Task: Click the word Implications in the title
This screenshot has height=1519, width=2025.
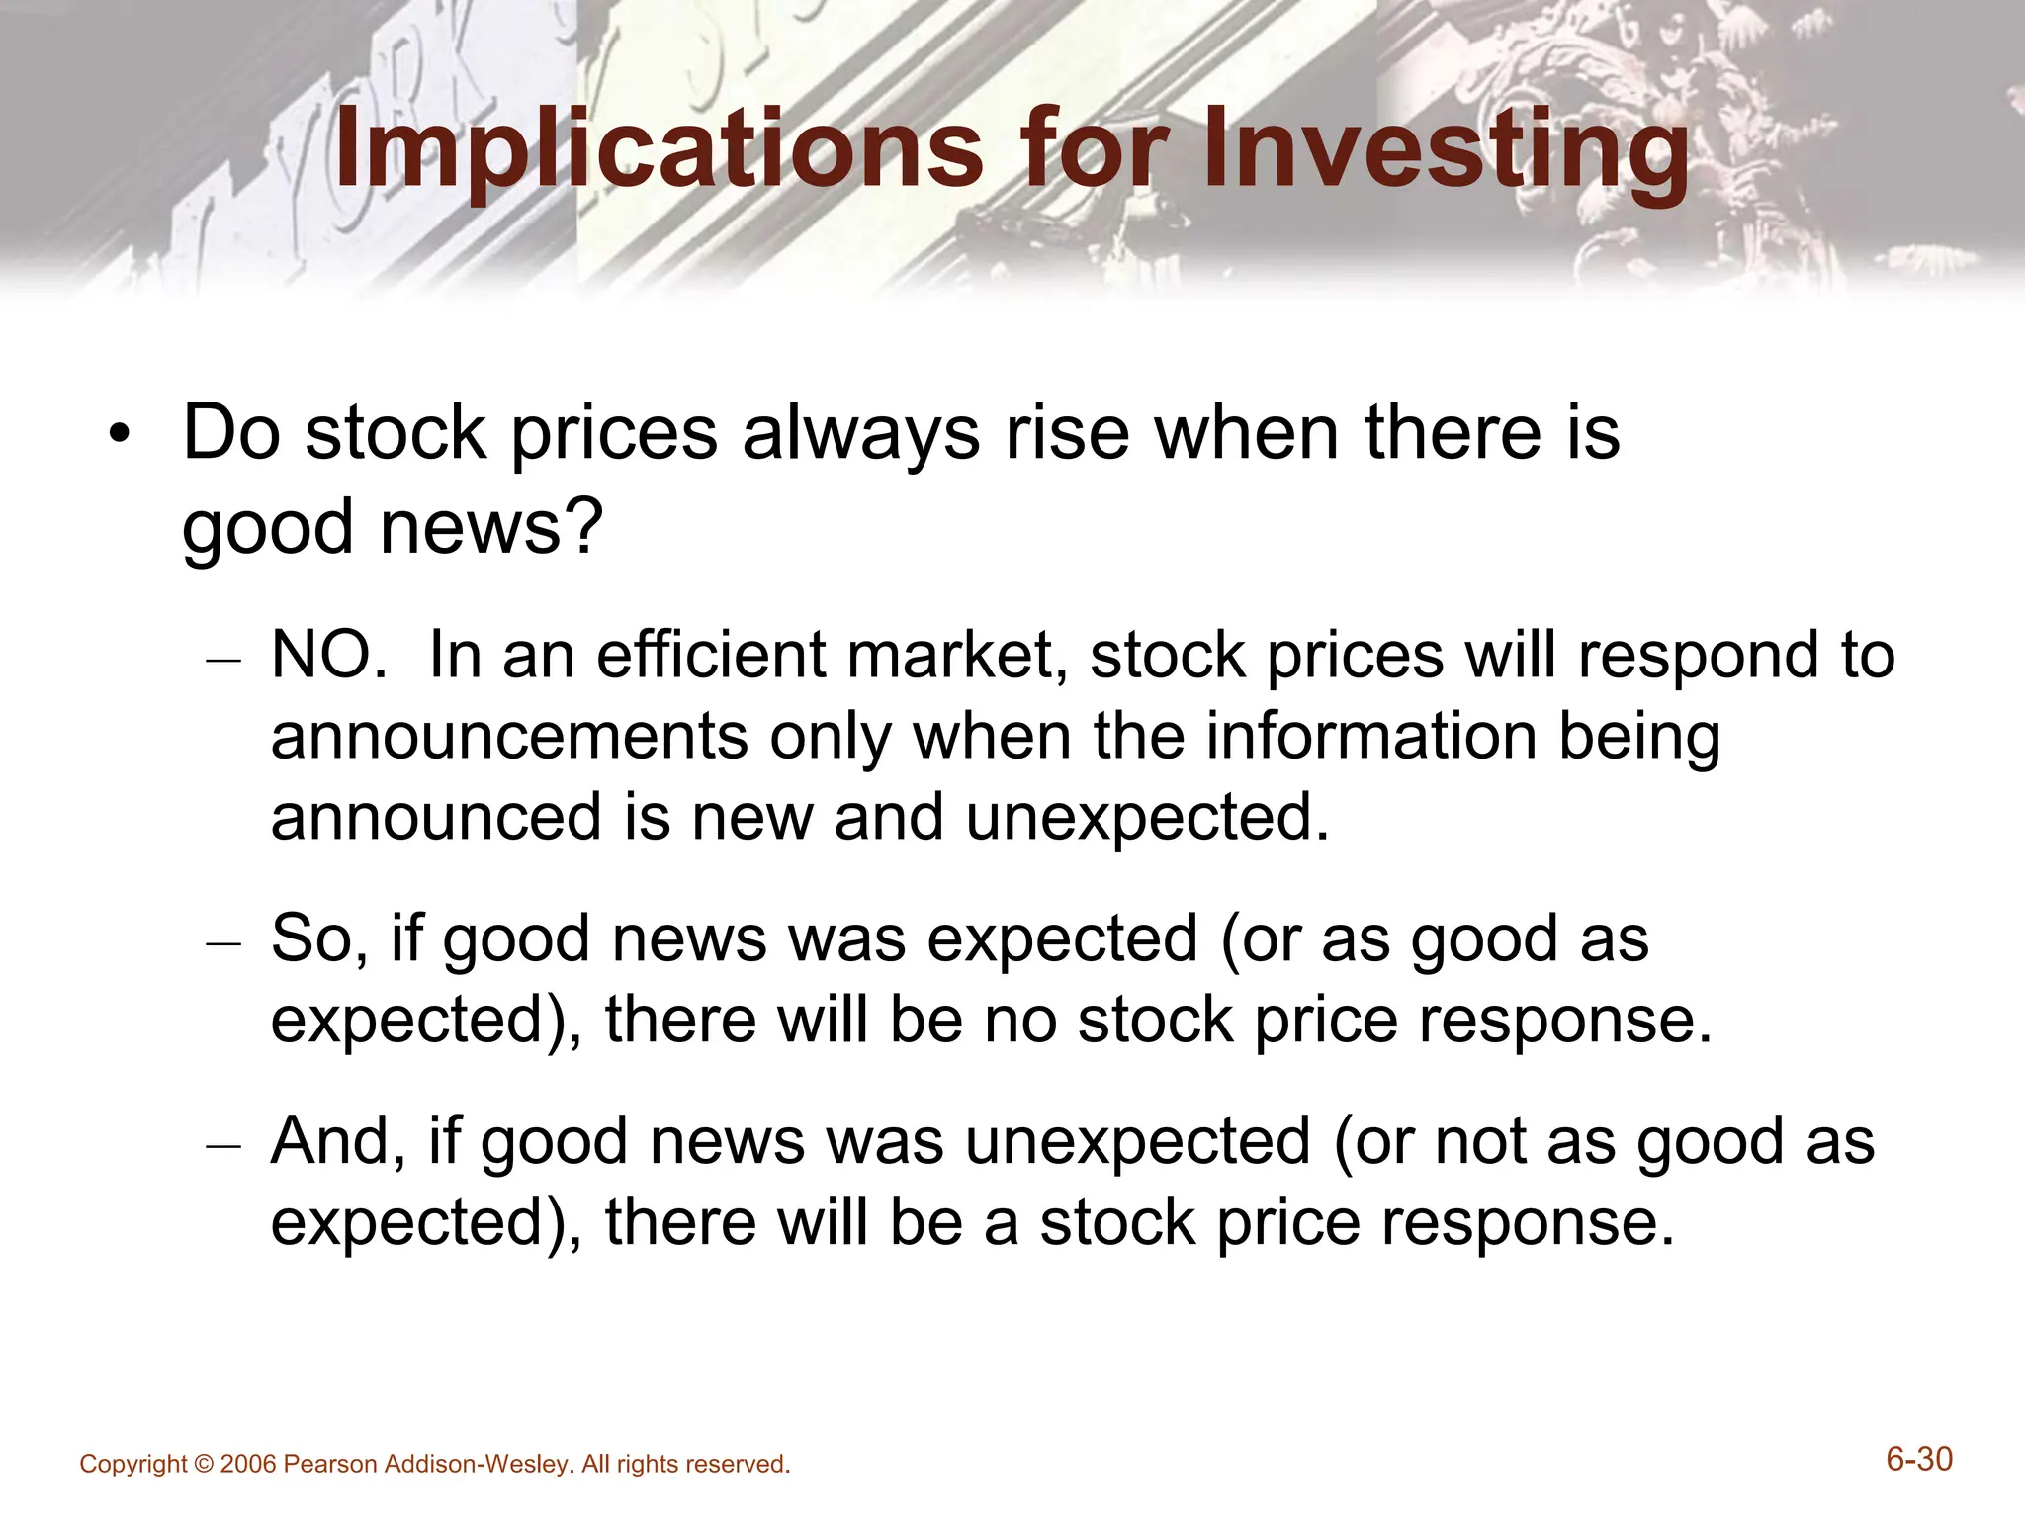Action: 659,150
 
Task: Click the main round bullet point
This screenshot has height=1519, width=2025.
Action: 120,436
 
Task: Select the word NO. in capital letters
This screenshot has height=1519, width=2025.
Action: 329,656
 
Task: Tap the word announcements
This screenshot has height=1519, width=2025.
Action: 509,737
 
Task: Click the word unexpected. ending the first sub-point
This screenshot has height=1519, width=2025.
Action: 1147,818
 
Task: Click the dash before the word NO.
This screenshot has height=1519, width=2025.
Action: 223,661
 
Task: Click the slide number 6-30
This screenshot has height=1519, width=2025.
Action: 1919,1460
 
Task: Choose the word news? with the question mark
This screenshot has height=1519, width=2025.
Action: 491,527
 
